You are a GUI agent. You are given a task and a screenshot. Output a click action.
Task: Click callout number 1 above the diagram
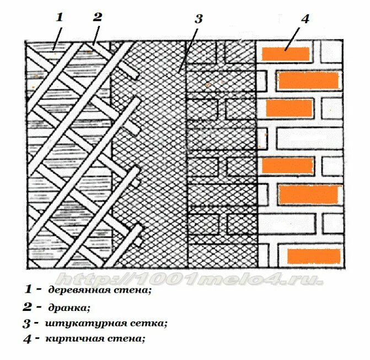(x=60, y=16)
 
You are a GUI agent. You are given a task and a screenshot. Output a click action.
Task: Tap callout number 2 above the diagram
(x=98, y=16)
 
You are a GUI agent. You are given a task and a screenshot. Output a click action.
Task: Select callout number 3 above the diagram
(x=199, y=19)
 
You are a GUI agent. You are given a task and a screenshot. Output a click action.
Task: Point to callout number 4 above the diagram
(x=305, y=18)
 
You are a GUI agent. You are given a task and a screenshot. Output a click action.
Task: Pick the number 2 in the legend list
(x=28, y=307)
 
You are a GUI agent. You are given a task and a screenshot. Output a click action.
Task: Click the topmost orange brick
(x=285, y=54)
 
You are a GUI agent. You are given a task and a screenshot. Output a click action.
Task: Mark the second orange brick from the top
(x=307, y=81)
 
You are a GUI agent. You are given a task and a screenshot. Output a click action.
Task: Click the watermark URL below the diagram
(x=187, y=278)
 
